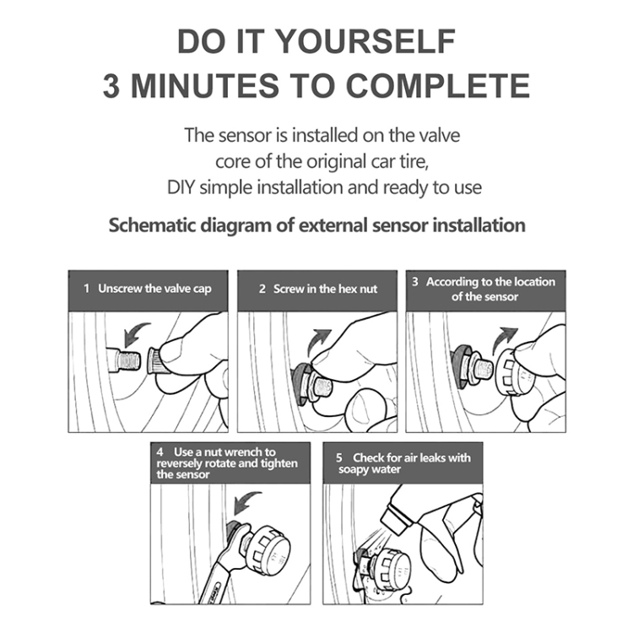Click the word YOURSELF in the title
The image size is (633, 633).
point(366,41)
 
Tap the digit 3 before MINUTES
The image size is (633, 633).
point(111,85)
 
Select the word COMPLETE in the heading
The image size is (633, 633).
point(438,85)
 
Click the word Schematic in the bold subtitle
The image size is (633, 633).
point(153,225)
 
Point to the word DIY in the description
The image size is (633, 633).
point(181,187)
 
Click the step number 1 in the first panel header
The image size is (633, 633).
point(86,289)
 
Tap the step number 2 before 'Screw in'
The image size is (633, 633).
point(262,289)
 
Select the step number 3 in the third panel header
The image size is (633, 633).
point(415,281)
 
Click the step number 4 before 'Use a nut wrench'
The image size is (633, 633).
point(160,452)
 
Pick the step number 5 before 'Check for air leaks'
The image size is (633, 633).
point(339,457)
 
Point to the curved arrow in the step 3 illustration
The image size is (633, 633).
point(503,338)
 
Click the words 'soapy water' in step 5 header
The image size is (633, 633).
point(370,470)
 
